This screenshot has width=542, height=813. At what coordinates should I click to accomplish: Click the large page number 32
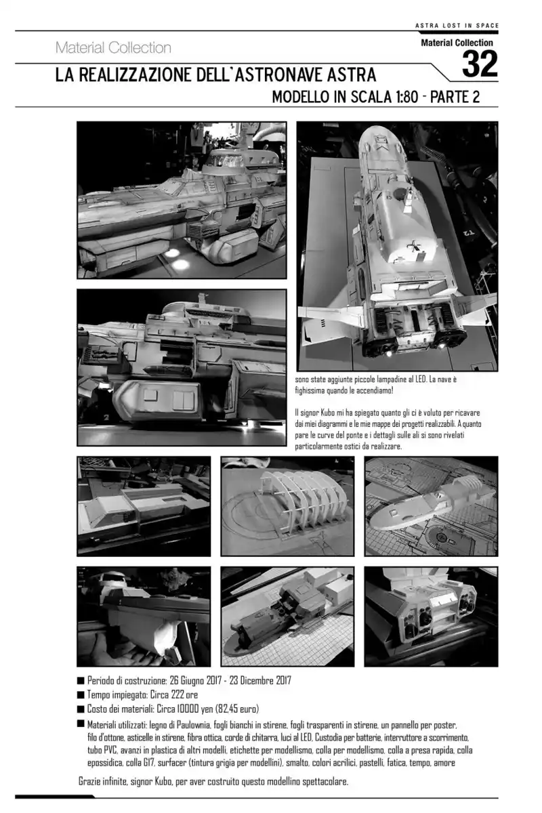pos(480,64)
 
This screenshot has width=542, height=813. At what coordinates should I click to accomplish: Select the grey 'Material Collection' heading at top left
pos(113,48)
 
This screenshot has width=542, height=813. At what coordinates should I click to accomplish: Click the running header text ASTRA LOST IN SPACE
pos(457,26)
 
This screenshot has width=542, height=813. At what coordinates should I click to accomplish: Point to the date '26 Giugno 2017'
pos(195,680)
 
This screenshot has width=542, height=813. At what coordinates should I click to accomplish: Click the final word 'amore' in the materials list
pos(444,763)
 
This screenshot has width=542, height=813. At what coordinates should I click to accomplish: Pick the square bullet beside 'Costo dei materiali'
pos(81,709)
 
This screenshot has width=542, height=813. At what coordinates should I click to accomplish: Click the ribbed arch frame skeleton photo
pos(287,506)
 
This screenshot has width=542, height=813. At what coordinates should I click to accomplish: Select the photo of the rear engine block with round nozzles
pos(432,617)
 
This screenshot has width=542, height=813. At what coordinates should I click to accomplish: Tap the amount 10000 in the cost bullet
pos(190,709)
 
